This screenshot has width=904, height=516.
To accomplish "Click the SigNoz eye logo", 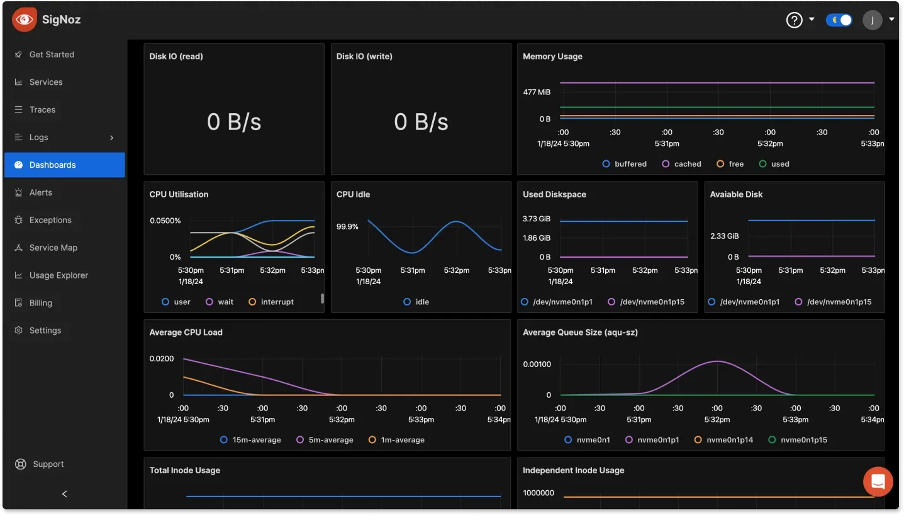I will click(x=25, y=19).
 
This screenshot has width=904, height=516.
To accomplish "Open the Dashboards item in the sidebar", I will click(x=52, y=165).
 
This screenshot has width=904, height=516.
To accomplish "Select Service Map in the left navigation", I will click(x=53, y=248).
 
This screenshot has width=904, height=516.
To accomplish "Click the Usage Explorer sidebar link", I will click(x=59, y=275).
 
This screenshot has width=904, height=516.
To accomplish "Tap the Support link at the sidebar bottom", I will click(x=48, y=464).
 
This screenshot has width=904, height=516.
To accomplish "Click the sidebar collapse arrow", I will click(x=64, y=494).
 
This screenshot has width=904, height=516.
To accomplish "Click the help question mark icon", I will click(x=794, y=20).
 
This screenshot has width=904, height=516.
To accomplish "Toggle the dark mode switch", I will click(x=839, y=20).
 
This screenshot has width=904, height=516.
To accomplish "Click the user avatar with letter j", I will click(x=872, y=20).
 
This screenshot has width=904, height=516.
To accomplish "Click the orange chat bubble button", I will click(x=878, y=482).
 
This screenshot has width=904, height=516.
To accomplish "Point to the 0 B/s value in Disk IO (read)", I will click(x=234, y=121).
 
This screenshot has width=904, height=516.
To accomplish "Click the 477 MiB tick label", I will click(x=537, y=92).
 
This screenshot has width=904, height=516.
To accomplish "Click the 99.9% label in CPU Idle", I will click(x=347, y=227).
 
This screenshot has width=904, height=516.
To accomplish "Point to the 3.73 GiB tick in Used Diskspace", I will click(x=537, y=219).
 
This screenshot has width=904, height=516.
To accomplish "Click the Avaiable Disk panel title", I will click(x=736, y=195).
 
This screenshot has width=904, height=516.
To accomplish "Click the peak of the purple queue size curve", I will click(x=717, y=361).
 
